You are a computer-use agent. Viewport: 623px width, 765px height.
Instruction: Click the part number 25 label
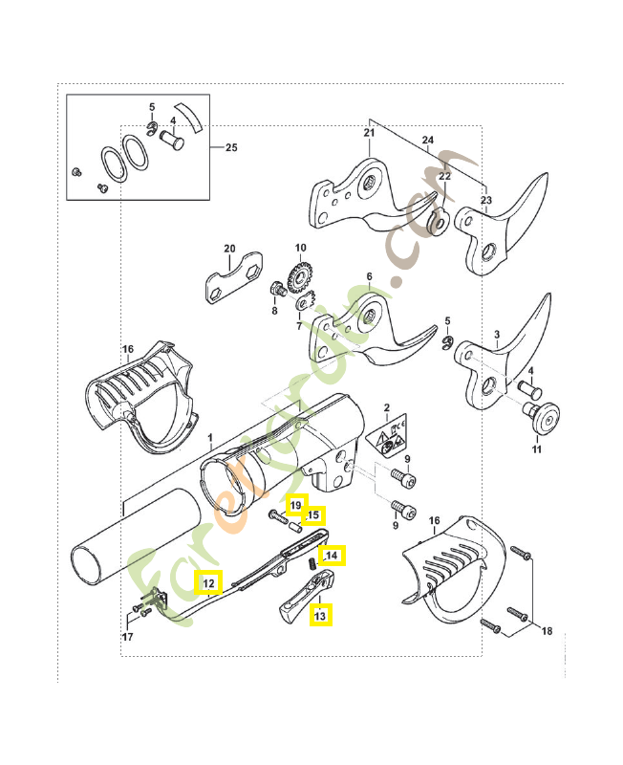coord(230,148)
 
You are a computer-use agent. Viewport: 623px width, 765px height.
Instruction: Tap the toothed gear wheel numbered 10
coord(300,278)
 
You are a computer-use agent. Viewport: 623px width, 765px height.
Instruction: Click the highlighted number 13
coord(320,616)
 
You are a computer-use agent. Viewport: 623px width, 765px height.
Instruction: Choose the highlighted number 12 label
coord(208,581)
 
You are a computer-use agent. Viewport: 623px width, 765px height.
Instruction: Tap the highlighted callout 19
coord(296,505)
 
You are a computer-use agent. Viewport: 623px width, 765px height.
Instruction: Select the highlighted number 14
coord(333,554)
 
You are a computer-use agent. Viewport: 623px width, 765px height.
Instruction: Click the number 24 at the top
coord(427,141)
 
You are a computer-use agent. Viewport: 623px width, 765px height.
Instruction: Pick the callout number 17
coord(127,637)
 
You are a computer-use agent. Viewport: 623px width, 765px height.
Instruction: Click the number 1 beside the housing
coord(209,435)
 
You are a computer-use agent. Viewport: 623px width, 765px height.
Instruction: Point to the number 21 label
coord(370,133)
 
